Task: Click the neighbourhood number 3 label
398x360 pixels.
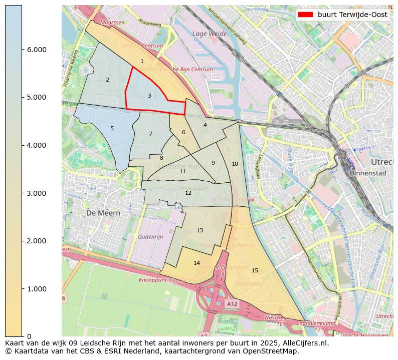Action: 149,96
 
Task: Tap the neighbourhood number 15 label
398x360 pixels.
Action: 255,270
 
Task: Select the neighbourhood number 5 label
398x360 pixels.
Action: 112,128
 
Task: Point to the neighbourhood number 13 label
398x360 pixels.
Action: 200,230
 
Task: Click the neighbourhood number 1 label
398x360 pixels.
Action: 142,61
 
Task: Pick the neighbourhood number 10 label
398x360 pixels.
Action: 235,164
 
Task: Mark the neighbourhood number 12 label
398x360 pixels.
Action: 188,193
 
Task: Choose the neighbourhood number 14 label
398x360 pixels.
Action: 196,263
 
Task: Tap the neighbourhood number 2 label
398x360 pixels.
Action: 107,80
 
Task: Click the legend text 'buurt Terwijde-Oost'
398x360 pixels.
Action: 352,15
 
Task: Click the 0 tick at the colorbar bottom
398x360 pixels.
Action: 29,336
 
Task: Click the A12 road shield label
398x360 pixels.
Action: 232,303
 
